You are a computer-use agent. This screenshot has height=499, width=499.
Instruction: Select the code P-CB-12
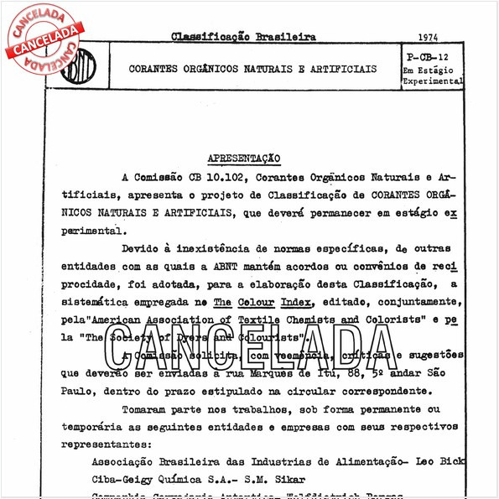[431, 56]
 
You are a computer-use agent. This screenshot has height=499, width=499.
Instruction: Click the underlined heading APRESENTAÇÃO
[243, 158]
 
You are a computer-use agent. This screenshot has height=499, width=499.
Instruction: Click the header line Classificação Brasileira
[243, 38]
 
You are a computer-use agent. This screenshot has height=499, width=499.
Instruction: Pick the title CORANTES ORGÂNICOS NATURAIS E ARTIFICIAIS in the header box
[252, 69]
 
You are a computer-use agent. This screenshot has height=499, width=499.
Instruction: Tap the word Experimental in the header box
[432, 81]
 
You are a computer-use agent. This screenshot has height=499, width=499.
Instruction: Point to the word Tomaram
[146, 409]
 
